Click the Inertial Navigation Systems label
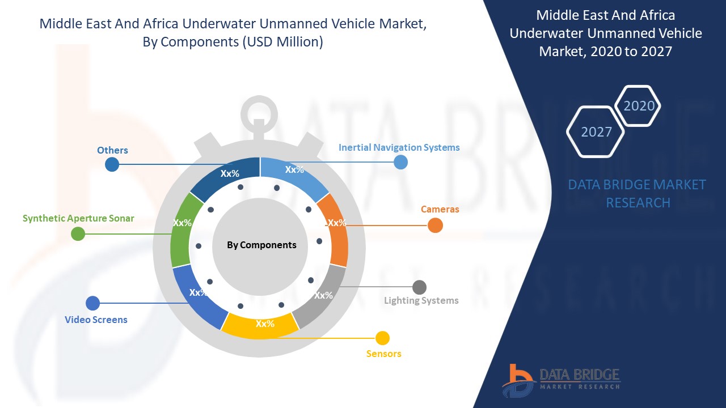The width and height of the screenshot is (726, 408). click(399, 147)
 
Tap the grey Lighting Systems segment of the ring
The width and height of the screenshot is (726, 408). click(322, 297)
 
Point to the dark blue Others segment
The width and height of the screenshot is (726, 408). click(227, 175)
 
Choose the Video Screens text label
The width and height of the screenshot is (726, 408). click(96, 320)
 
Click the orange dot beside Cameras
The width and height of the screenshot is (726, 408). click(435, 226)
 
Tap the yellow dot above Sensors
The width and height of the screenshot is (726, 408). click(383, 338)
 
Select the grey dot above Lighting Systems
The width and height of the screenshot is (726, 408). click(419, 287)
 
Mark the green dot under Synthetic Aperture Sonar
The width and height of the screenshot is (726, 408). click(78, 233)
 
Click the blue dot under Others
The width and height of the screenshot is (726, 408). click(112, 164)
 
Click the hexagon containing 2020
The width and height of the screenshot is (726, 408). click(638, 106)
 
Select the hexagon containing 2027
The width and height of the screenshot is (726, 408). click(596, 131)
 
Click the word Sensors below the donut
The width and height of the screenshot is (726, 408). click(383, 354)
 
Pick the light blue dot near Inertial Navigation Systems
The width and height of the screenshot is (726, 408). click(400, 162)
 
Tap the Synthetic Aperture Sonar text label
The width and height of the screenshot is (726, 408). click(78, 218)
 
